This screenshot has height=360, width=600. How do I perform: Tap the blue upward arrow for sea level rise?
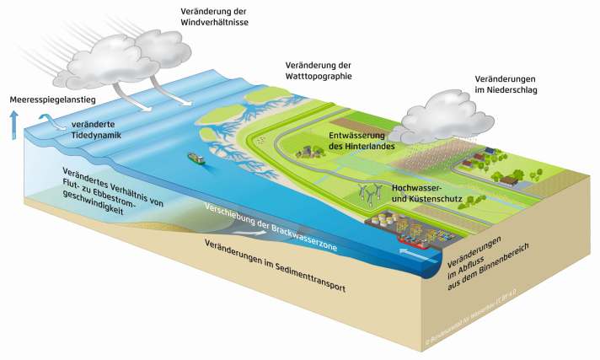click(x=13, y=124)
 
